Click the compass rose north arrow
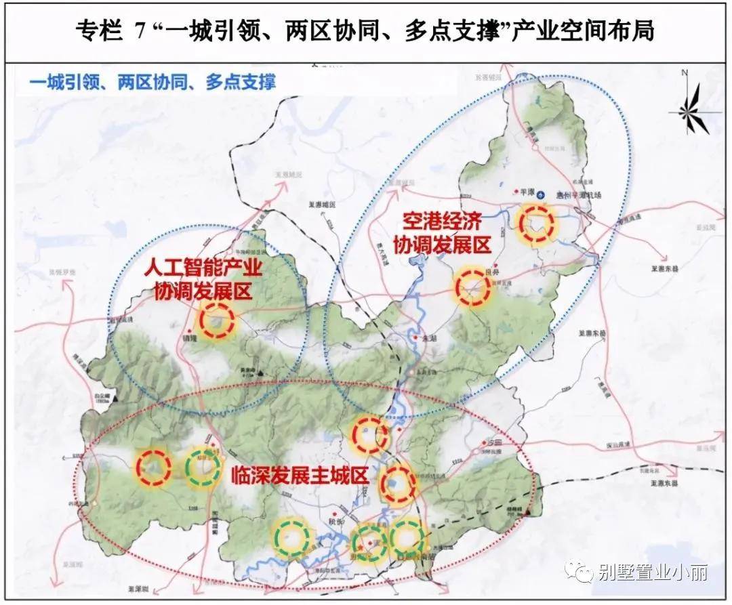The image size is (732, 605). pos(691,108)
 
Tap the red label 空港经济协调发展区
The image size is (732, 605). pos(444,232)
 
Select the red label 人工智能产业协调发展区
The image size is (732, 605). pos(203,279)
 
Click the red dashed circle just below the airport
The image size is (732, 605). pos(536,223)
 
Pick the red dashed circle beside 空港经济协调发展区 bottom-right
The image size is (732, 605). pos(472,287)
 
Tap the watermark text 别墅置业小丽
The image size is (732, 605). pos(653,573)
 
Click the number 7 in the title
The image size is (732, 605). pos(140,32)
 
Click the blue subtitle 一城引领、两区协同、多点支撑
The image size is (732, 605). pos(152,83)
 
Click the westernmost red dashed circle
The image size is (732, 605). pos(153,467)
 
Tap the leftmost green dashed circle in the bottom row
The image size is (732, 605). pos(292,537)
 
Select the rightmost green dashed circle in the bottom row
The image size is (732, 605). pos(406,538)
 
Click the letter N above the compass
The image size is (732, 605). pos(685,73)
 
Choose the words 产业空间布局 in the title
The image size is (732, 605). pos(582,31)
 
